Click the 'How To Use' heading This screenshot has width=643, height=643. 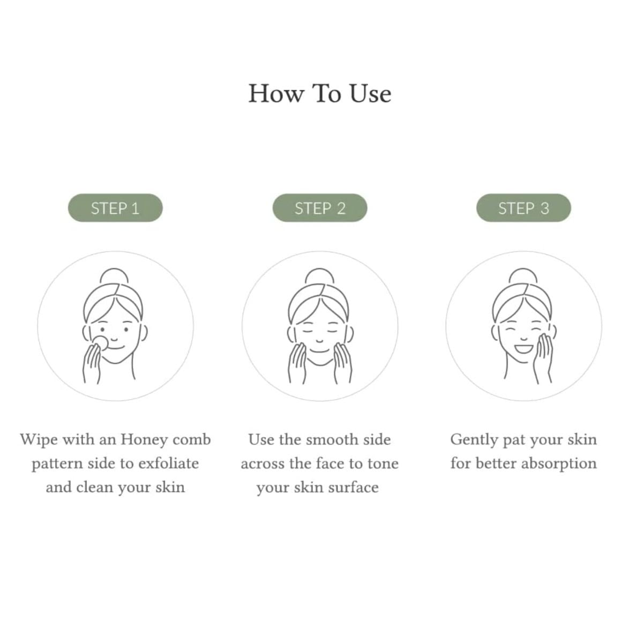point(320,94)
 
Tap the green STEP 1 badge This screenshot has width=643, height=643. point(115,207)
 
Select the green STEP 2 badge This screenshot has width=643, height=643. point(320,207)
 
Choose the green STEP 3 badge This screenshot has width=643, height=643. point(523,207)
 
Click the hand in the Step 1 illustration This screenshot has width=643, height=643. point(92,364)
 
